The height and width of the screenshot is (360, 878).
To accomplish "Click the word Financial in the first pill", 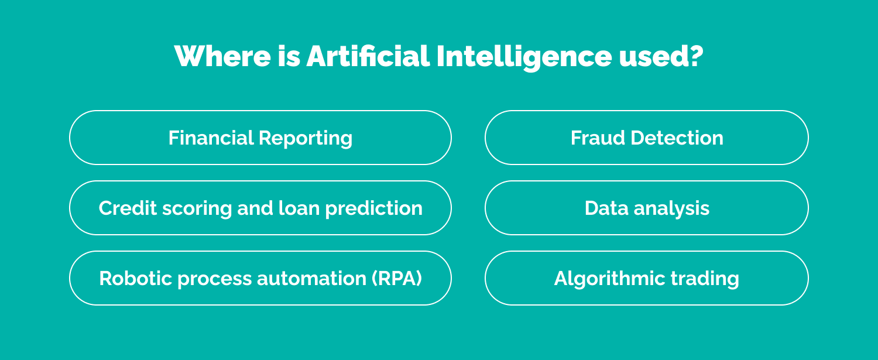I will [211, 138].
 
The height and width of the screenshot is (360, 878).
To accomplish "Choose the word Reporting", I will [306, 138].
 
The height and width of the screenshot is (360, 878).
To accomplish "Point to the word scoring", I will [188, 208].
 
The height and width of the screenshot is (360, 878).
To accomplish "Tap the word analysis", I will [670, 208].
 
